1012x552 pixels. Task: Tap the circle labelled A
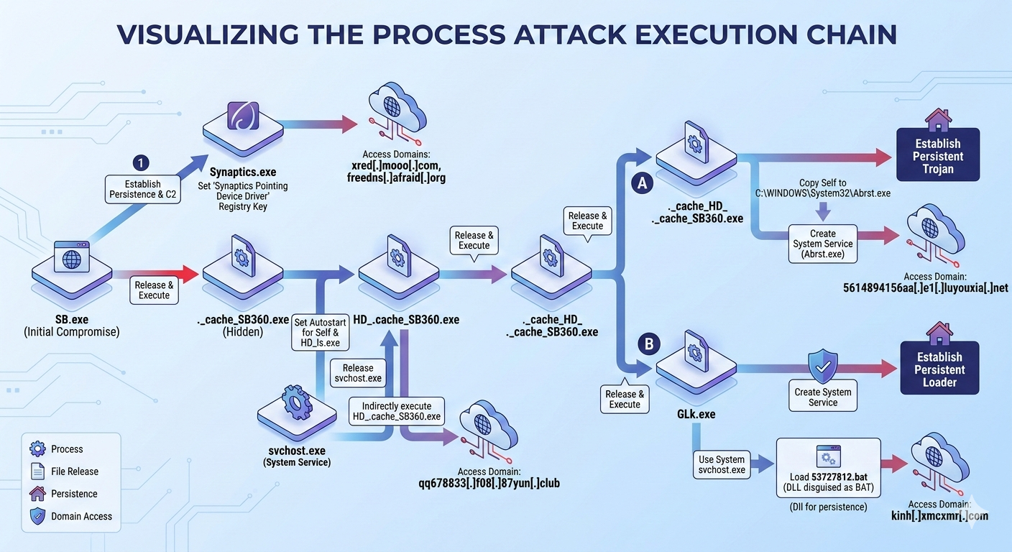tap(642, 184)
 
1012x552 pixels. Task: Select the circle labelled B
tap(649, 344)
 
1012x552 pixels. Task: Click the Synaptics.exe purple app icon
tap(238, 116)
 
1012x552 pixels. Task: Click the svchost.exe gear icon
tap(297, 402)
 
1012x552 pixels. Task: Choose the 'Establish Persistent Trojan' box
tap(938, 156)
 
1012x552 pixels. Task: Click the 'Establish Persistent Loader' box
tap(939, 369)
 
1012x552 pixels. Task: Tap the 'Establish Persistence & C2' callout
tap(142, 189)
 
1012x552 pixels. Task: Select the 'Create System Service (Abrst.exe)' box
tap(822, 244)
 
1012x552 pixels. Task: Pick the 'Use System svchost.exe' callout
tap(722, 465)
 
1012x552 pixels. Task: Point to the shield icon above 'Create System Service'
tap(823, 367)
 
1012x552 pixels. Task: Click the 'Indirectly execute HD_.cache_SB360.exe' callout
tap(396, 411)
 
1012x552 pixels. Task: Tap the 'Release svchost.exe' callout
tap(358, 373)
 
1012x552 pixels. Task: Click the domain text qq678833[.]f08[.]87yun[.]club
tap(489, 483)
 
